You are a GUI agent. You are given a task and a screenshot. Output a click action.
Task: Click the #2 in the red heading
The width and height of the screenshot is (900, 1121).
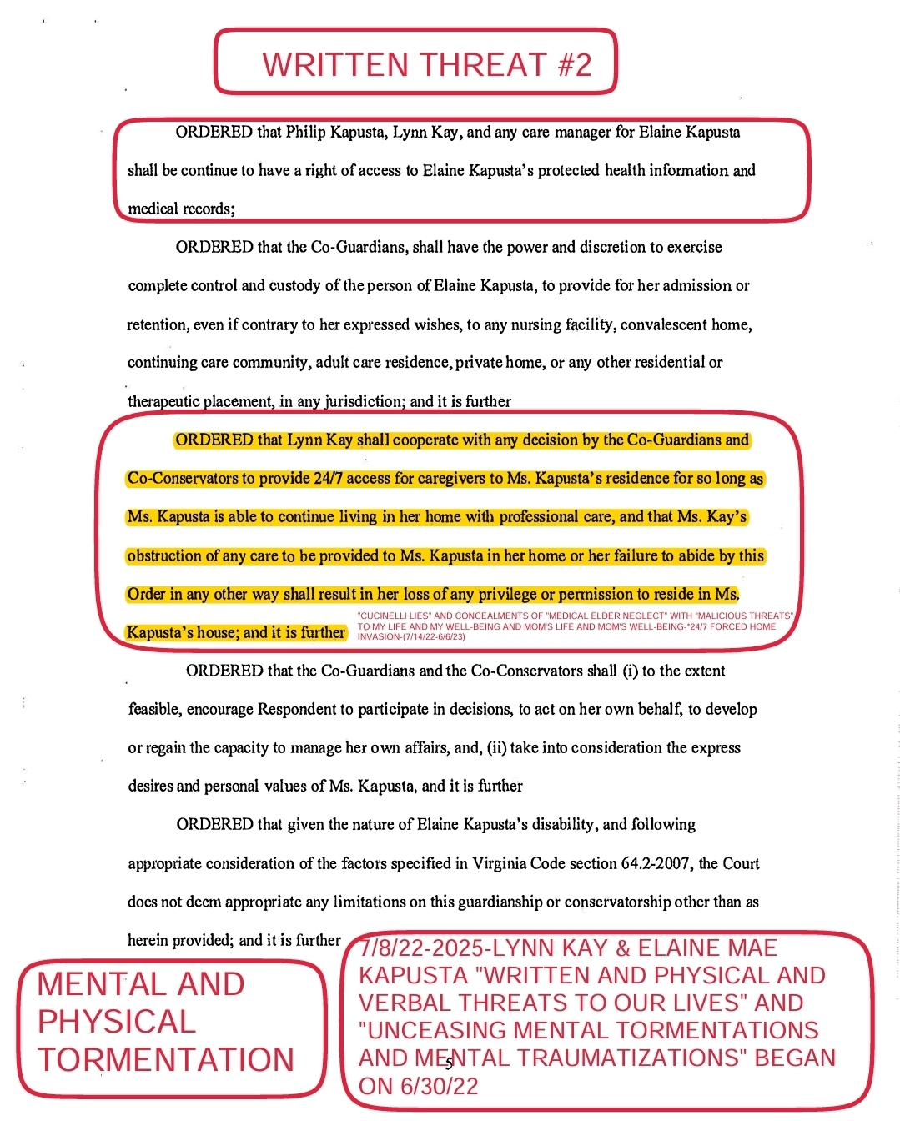[x=574, y=65]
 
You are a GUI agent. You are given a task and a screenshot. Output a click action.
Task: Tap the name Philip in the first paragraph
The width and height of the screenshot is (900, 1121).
[x=306, y=132]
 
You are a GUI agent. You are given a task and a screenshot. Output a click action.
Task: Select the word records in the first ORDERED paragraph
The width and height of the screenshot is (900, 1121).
[x=208, y=209]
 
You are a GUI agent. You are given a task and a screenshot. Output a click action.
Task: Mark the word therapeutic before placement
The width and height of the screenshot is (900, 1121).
[x=163, y=401]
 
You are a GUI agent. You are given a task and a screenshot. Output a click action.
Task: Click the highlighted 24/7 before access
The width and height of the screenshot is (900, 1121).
[x=319, y=479]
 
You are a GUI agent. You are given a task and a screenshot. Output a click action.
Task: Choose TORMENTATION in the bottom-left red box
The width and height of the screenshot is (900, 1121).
[x=166, y=1060]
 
